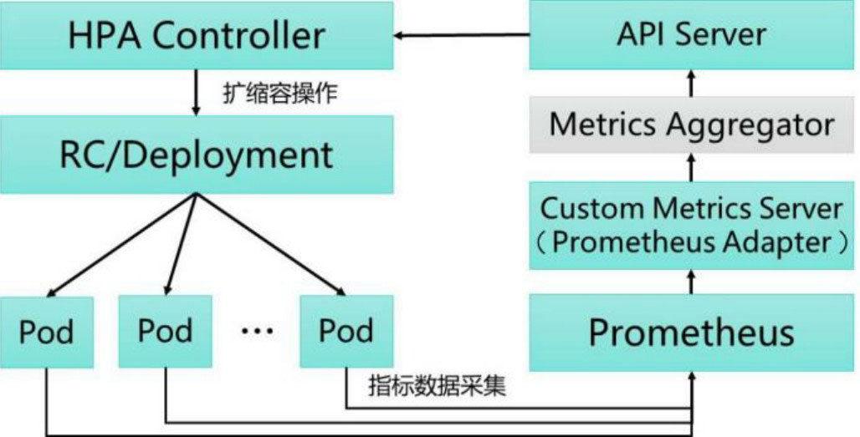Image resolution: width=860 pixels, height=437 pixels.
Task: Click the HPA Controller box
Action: click(197, 36)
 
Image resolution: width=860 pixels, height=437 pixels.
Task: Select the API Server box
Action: click(691, 36)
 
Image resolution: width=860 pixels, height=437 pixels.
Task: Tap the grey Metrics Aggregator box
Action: click(691, 125)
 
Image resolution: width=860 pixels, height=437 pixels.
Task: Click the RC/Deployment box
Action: click(197, 155)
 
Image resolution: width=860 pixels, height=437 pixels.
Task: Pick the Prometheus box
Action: click(691, 333)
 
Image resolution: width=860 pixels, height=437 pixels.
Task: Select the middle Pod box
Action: click(166, 331)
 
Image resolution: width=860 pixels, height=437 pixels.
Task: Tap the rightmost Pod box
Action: click(345, 331)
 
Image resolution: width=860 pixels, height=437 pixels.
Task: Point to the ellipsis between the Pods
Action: click(257, 332)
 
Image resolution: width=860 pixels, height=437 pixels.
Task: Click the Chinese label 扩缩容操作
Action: click(281, 93)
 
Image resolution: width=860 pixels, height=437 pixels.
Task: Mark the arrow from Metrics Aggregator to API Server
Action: click(691, 84)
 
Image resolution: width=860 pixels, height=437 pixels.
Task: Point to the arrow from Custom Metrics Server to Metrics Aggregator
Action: click(691, 167)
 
